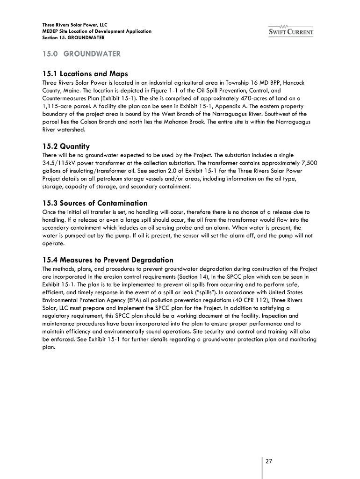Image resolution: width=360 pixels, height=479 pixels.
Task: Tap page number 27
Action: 269,461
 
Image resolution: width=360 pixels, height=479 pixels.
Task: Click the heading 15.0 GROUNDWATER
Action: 81,54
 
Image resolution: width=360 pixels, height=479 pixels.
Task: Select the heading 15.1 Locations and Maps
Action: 85,73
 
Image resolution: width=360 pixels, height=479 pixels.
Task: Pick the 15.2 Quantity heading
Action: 66,146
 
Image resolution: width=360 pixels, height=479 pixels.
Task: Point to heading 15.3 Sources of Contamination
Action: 95,203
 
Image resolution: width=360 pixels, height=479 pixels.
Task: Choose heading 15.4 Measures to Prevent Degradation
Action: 108,260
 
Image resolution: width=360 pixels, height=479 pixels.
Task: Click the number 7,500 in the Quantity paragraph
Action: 309,163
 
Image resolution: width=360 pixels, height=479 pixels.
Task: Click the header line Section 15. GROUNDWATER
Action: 73,37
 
